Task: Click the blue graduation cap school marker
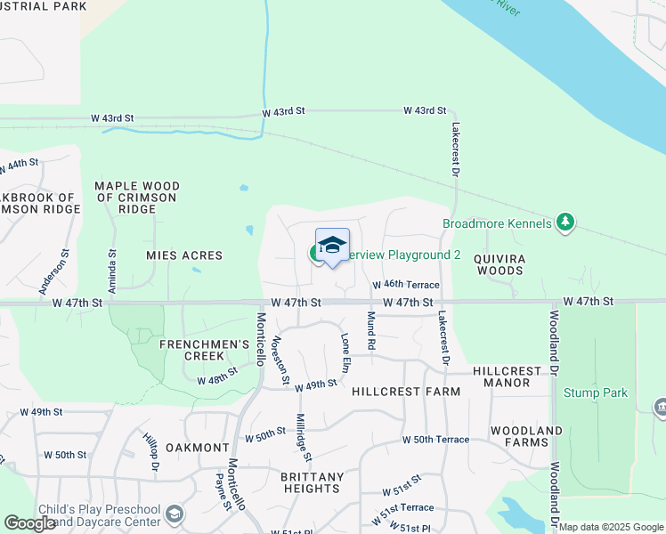332,245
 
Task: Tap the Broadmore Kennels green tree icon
564,222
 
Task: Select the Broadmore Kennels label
498,223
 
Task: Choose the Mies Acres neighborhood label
184,255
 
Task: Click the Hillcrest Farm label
406,392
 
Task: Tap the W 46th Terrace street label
406,285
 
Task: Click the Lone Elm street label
345,352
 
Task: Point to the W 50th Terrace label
435,440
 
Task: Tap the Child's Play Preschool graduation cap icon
175,514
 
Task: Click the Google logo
29,524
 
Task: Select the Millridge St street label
305,438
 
